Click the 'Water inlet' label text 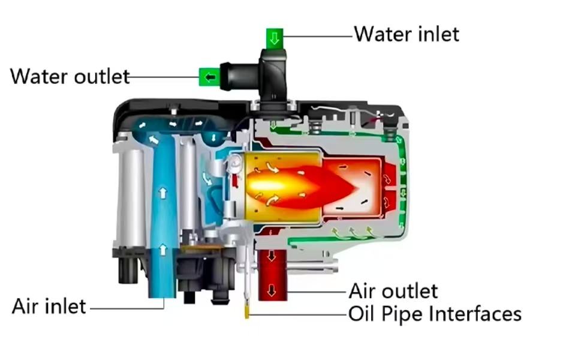click(x=407, y=34)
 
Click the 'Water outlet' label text click(x=70, y=77)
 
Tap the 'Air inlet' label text click(x=49, y=307)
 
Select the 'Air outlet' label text click(x=393, y=291)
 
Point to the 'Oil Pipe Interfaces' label click(x=435, y=313)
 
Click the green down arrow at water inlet click(x=275, y=40)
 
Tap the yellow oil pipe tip click(x=246, y=311)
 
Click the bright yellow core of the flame click(x=264, y=180)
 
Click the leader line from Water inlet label click(x=318, y=37)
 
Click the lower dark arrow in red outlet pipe click(x=272, y=291)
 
